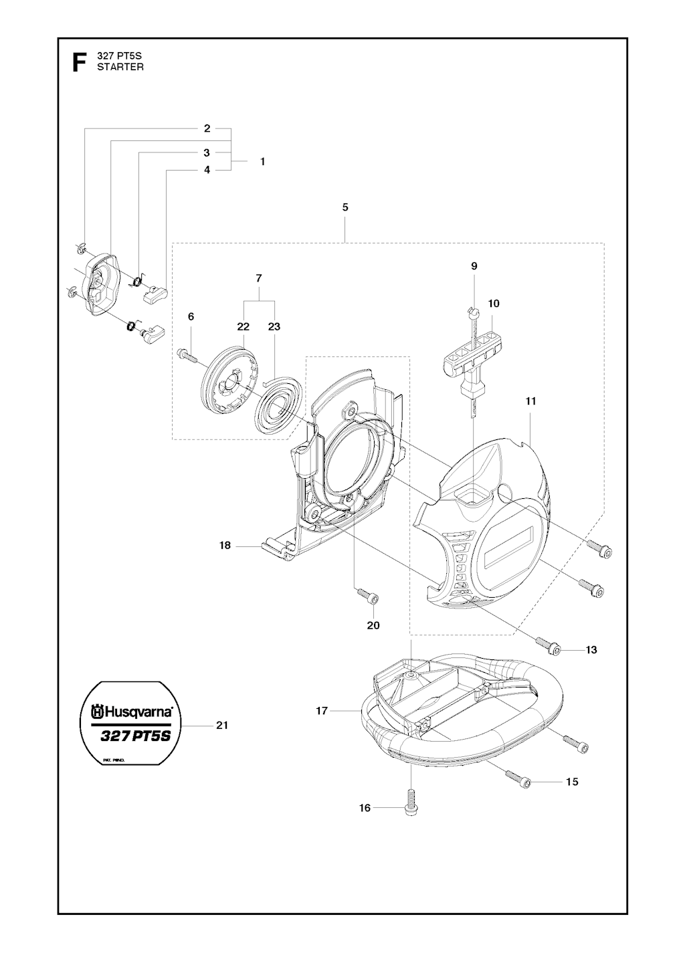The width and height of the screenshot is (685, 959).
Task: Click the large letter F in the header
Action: pos(79,62)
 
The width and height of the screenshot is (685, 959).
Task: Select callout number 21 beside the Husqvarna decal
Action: pos(222,725)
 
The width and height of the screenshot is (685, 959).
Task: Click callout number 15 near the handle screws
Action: pos(571,781)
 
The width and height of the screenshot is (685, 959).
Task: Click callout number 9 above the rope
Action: pos(474,265)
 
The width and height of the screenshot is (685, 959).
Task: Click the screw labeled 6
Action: pos(187,354)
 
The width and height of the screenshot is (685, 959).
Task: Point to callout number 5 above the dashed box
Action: pos(345,207)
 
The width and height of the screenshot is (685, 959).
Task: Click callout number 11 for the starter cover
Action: pos(530,401)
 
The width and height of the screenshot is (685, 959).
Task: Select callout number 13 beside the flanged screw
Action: pos(591,649)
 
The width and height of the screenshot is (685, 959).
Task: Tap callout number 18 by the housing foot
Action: pos(225,546)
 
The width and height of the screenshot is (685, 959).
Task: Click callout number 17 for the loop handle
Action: pos(322,711)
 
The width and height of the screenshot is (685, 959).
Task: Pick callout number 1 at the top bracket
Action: pos(263,161)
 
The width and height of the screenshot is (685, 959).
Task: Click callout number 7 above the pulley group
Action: pos(259,278)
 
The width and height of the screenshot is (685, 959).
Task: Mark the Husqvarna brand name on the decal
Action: pos(134,712)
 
